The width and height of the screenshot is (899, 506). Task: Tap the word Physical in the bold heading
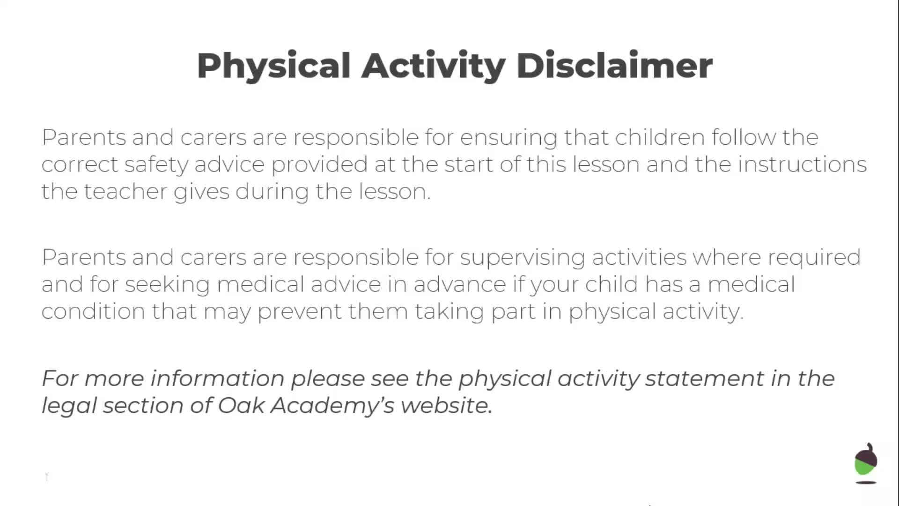tap(274, 67)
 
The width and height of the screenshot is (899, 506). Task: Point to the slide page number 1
tap(47, 477)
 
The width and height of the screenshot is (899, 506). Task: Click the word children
tap(660, 137)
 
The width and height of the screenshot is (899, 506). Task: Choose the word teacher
tap(125, 191)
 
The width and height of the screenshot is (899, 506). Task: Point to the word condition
tap(94, 311)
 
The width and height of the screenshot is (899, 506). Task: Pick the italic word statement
tap(705, 378)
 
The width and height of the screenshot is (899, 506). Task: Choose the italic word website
tap(447, 405)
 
